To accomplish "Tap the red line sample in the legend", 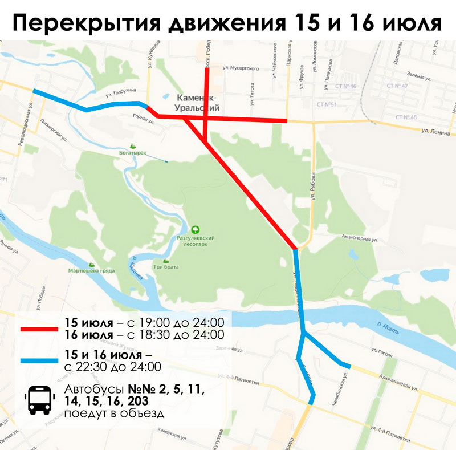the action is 38,329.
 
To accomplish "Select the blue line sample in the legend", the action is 38,360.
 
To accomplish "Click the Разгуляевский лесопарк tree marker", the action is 196,229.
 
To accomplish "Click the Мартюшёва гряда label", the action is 91,270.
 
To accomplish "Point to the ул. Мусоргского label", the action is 241,68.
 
